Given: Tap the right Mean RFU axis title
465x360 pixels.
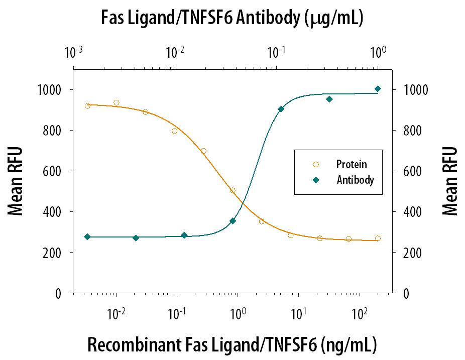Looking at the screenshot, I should tap(450, 181).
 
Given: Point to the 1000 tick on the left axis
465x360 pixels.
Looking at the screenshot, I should tap(50, 89).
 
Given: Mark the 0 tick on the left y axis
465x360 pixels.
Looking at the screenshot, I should tap(59, 293).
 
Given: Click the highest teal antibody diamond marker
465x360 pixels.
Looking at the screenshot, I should tap(378, 89).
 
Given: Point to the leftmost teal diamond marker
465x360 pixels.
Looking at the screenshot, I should tap(87, 236).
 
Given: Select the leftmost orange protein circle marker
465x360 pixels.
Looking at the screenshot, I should tap(87, 105).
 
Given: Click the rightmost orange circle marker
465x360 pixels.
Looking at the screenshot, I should tap(378, 238).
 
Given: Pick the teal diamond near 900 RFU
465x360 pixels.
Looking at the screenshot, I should tap(281, 109).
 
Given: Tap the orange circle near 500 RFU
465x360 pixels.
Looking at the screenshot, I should tap(232, 190).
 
